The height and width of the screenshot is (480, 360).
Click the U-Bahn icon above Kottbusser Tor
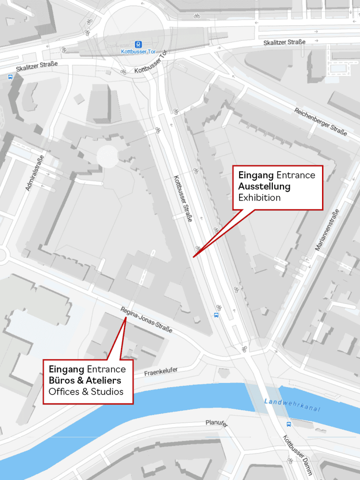(138, 44)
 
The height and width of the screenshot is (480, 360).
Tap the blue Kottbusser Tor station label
(138, 51)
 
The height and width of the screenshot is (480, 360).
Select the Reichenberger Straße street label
(321, 122)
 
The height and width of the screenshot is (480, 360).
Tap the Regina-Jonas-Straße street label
(146, 320)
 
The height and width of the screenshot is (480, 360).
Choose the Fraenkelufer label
(162, 372)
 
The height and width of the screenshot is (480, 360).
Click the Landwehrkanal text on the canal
(292, 405)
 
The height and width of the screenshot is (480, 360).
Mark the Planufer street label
(217, 423)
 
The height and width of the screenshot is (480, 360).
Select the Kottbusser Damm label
(297, 455)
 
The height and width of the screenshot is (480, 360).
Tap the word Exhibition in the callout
(259, 197)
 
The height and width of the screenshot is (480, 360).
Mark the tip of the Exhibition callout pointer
(193, 257)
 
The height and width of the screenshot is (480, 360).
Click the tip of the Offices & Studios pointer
(126, 318)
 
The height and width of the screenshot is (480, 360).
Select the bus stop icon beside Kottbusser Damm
(288, 424)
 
